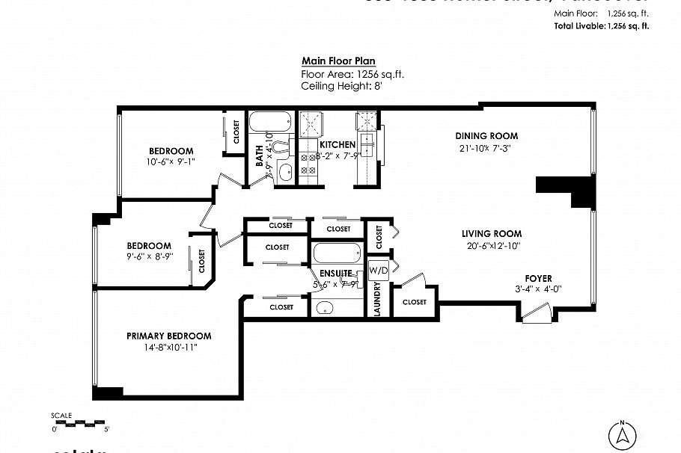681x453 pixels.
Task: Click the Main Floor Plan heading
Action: pos(338,61)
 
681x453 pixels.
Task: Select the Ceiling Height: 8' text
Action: pos(341,87)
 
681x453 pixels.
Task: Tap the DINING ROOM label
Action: pos(486,136)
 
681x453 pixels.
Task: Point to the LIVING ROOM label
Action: pos(491,234)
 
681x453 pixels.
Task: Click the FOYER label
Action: pos(538,278)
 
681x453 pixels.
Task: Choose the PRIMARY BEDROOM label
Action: pos(168,336)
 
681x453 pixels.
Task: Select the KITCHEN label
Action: pos(337,144)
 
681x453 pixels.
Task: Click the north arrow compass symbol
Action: pos(622,434)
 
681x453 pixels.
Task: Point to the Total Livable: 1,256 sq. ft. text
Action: pos(601,25)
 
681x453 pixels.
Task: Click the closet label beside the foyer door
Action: pos(414,302)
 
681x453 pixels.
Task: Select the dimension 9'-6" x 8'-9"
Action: pos(149,256)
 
